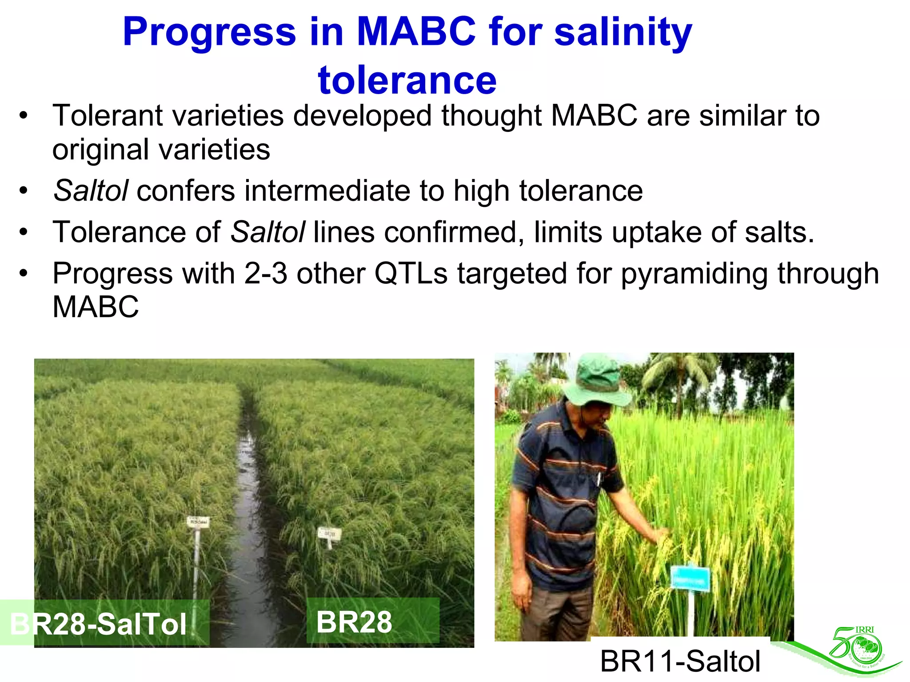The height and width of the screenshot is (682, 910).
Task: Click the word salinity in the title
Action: (623, 32)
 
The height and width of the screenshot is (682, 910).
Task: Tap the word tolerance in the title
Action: (407, 80)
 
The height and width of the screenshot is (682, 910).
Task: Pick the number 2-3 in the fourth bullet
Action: (265, 274)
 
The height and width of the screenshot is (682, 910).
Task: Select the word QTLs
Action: (411, 274)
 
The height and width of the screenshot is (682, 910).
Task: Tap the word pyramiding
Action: (694, 274)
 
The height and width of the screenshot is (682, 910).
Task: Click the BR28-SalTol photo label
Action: (99, 624)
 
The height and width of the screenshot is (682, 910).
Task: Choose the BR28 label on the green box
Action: (354, 622)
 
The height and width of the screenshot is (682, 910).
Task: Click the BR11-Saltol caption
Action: (680, 661)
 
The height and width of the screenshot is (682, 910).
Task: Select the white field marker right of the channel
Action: (329, 534)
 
